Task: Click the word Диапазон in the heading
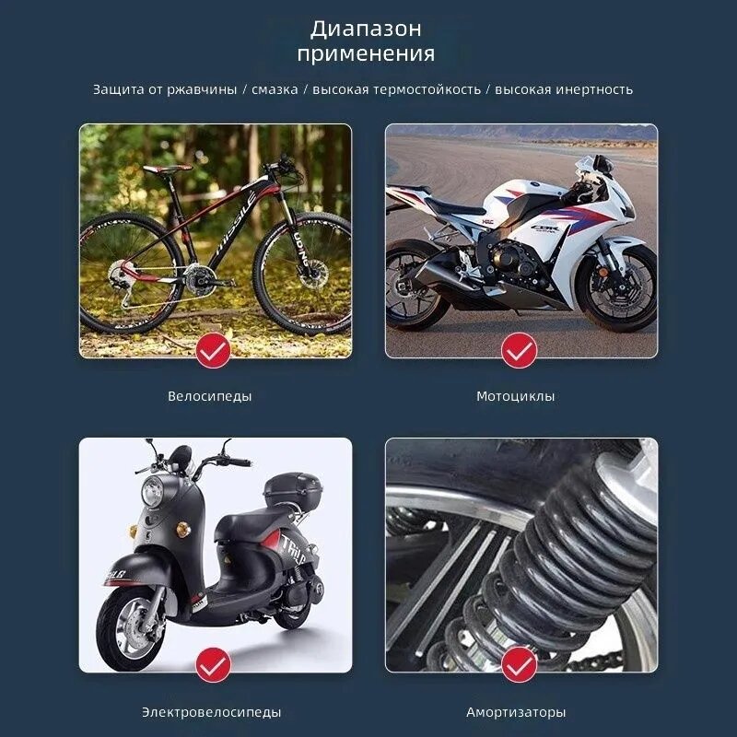(x=366, y=29)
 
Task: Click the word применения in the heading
(x=366, y=53)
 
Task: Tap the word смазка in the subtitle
(x=275, y=89)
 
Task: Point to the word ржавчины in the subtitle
(x=202, y=89)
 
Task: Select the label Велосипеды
(x=210, y=396)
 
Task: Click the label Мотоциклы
(x=516, y=396)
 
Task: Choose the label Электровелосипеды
(x=212, y=712)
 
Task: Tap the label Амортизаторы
(x=516, y=712)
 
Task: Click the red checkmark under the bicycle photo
(x=213, y=350)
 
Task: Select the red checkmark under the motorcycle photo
(x=519, y=350)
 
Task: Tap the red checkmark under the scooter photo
(x=213, y=664)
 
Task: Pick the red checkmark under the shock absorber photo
(x=519, y=664)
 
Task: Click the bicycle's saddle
(x=167, y=169)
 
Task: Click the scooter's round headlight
(x=152, y=491)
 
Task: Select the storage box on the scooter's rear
(x=293, y=490)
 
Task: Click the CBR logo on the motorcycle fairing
(x=544, y=228)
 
